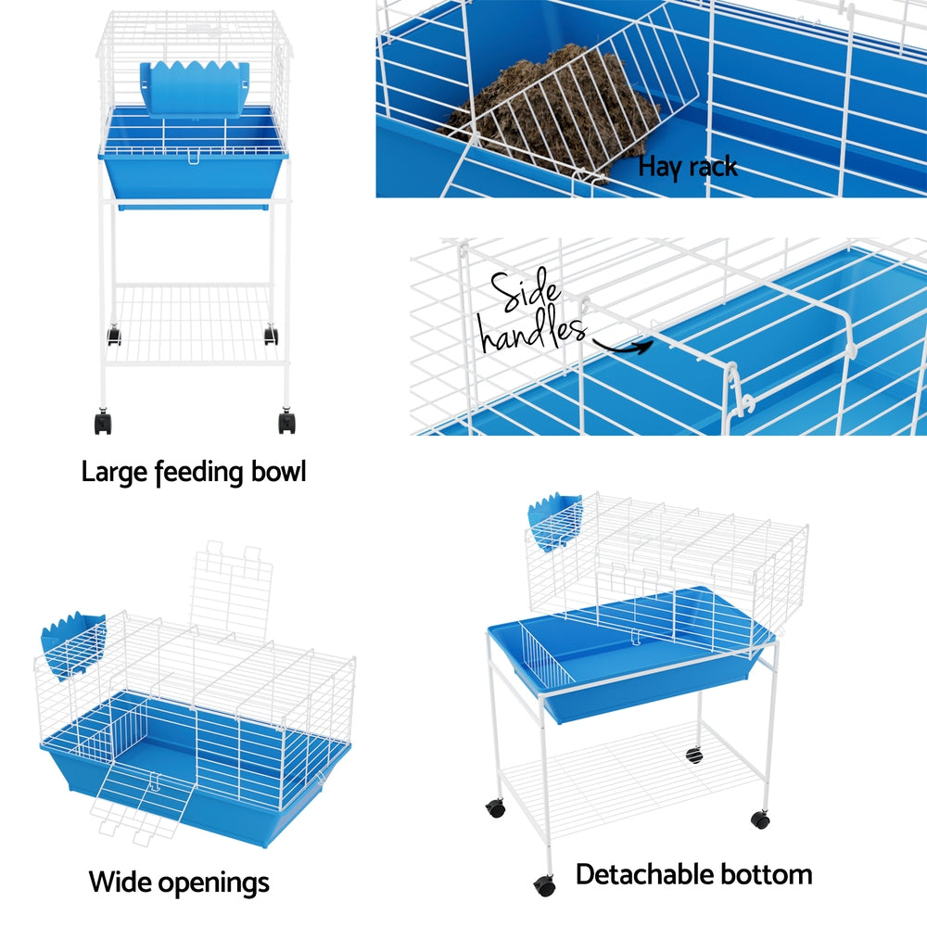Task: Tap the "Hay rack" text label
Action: click(688, 167)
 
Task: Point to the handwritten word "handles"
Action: click(532, 334)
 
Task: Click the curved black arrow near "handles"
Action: click(623, 348)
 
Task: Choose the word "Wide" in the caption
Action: click(122, 882)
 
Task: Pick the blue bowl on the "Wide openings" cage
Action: click(72, 644)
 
